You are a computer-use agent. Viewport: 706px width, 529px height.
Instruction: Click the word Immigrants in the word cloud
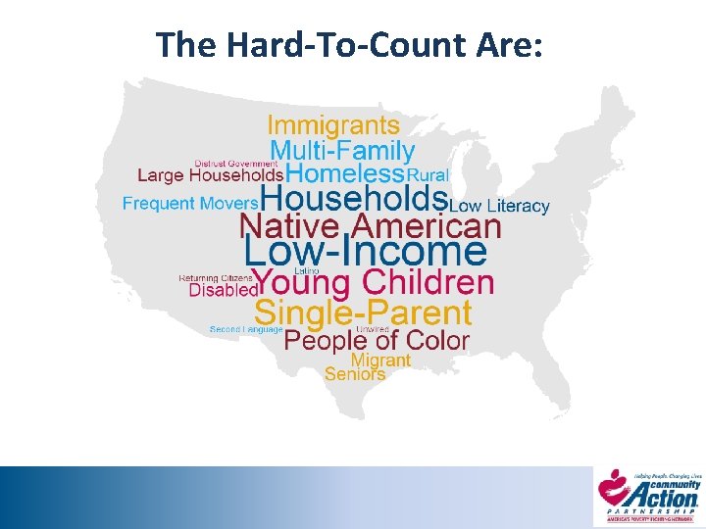click(x=333, y=125)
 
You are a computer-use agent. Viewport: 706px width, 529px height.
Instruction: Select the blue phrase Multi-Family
click(x=342, y=151)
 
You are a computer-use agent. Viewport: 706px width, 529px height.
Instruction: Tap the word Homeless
click(x=346, y=174)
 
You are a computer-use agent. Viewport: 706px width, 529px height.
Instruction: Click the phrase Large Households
click(x=210, y=176)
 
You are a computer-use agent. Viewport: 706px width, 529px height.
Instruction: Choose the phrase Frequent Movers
click(x=190, y=204)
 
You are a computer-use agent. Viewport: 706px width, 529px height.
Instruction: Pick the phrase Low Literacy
click(x=499, y=207)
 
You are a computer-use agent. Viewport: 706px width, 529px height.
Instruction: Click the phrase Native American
click(x=371, y=227)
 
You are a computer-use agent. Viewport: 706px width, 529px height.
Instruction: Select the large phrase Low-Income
click(x=365, y=253)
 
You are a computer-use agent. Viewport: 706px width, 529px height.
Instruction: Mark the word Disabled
click(x=222, y=291)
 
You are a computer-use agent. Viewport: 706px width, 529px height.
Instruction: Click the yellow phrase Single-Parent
click(x=363, y=313)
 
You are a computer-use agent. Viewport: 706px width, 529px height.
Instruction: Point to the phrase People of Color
click(x=377, y=341)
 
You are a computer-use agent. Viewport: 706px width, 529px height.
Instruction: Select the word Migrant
click(x=380, y=361)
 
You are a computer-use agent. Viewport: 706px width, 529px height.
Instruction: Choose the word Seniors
click(x=354, y=373)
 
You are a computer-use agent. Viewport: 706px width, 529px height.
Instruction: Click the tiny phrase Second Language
click(x=246, y=330)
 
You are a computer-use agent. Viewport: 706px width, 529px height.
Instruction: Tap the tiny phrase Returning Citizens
click(x=215, y=278)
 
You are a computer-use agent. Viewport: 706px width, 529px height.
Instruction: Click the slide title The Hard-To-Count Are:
click(x=349, y=44)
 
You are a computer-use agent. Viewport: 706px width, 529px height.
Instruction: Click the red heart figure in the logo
click(x=613, y=485)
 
